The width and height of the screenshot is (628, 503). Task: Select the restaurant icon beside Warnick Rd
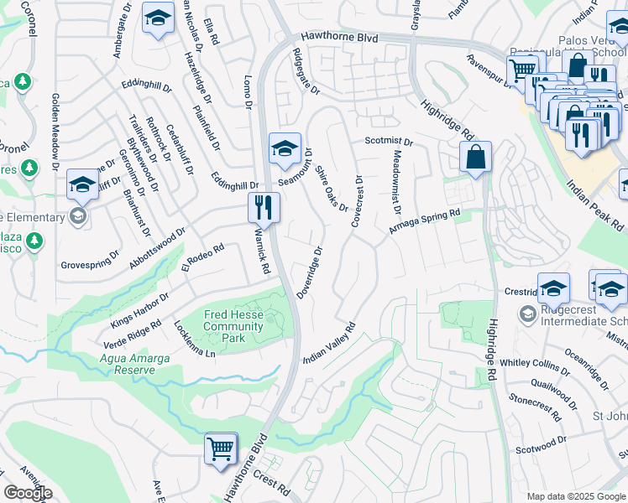[264, 208]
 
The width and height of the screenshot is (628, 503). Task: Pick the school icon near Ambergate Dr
[157, 19]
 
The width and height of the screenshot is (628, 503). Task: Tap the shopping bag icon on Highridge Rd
[475, 157]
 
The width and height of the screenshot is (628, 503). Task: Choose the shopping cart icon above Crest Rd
[221, 449]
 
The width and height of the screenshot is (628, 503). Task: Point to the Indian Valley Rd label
[330, 343]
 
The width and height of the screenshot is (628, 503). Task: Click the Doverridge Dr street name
[309, 269]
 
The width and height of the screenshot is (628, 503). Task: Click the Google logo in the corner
[28, 493]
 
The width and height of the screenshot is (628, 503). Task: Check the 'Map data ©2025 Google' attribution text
[576, 496]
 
